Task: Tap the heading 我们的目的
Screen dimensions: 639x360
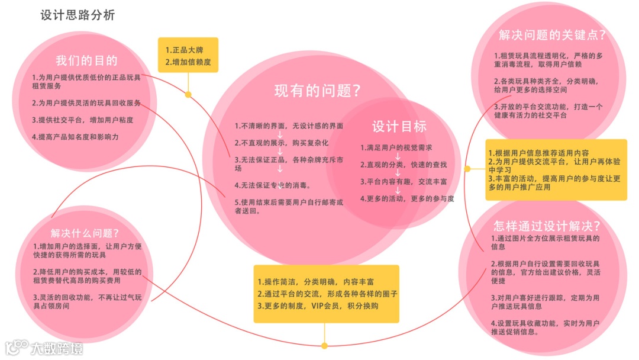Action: tap(86, 61)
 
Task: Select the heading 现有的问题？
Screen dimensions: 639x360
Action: tap(318, 91)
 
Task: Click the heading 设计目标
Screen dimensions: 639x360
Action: tap(399, 126)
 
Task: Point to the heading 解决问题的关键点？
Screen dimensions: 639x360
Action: tap(552, 35)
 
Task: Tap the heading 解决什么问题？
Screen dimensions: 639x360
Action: tap(85, 233)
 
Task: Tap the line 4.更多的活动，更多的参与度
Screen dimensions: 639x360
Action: tap(408, 199)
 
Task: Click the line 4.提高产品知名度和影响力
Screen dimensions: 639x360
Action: tap(75, 137)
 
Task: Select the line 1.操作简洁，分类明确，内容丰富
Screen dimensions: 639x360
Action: tap(315, 282)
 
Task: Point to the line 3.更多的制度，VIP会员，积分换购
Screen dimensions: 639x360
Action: tap(318, 306)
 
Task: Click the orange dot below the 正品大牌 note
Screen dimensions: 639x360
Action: tap(188, 94)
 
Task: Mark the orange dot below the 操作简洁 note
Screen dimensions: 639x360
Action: tap(324, 345)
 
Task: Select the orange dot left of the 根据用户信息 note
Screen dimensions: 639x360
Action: tap(467, 169)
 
